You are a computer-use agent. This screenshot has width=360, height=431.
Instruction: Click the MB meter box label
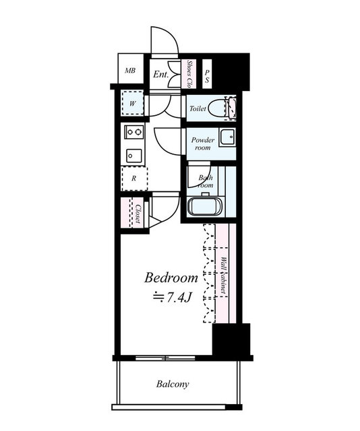[x=130, y=71]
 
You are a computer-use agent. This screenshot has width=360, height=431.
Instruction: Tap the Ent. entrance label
[x=160, y=74]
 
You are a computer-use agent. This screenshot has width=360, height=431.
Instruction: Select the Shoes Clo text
[x=189, y=74]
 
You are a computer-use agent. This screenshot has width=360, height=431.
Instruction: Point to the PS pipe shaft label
[x=207, y=76]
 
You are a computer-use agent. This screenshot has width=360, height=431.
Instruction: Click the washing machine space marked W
[x=133, y=104]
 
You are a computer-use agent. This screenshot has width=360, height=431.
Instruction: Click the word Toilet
[x=198, y=108]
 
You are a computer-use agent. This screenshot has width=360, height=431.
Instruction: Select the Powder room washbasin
[x=228, y=137]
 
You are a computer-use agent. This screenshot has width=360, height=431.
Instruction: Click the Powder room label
[x=202, y=143]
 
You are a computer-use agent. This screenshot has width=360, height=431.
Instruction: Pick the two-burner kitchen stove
[x=134, y=133]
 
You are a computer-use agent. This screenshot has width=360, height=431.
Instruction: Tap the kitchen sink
[x=134, y=156]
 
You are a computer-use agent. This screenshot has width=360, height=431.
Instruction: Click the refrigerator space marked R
[x=134, y=178]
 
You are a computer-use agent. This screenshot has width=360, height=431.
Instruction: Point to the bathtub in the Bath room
[x=204, y=207]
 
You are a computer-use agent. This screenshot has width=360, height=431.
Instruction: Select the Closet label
[x=138, y=213]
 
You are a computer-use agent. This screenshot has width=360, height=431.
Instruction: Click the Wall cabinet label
[x=223, y=275]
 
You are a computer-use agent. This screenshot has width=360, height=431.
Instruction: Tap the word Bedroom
[x=171, y=278]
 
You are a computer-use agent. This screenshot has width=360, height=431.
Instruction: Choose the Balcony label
[x=173, y=384]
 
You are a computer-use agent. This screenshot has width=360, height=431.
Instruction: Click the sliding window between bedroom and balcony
[x=165, y=358]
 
